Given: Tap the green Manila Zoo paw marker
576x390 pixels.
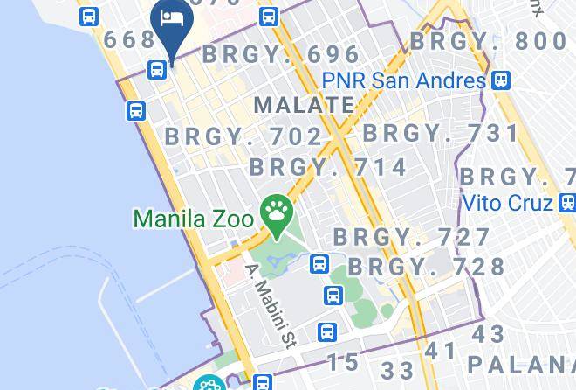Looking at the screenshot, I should coord(278,212).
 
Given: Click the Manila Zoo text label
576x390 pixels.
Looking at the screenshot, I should coord(194,215).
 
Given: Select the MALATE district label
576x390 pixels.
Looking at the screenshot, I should coord(304,105).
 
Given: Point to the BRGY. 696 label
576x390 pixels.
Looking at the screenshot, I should coord(281,54).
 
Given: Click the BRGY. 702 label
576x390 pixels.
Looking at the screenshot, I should coord(243,136).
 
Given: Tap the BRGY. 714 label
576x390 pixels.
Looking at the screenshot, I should coord(328,167).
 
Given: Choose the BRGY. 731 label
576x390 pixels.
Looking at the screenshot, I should coord(441,133).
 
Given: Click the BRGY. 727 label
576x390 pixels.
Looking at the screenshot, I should coord(412,237).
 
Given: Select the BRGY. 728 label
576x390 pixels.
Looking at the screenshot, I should coord(427,266).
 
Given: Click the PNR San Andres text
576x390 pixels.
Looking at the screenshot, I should coord(403,80).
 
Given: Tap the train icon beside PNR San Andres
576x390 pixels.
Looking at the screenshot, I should coord(500,80).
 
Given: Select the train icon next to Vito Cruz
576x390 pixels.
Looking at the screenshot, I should coord(567,203).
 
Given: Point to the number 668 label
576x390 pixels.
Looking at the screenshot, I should coord(129,40).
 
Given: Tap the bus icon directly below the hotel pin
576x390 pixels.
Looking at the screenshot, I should coord(158,69).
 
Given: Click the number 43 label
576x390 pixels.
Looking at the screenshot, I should coord(489,334).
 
